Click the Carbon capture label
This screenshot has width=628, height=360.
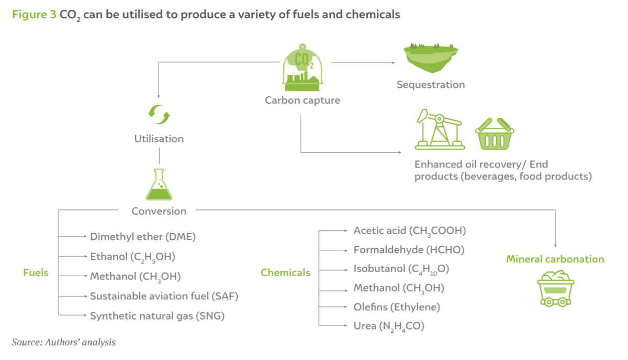tap(302, 100)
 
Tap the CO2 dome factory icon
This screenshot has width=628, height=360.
tap(302, 67)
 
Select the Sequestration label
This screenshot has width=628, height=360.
tap(431, 85)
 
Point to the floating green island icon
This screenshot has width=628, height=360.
tap(431, 58)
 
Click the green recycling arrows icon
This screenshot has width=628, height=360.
tap(159, 115)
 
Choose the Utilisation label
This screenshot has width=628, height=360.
tap(159, 139)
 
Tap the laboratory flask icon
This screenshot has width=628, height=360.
tap(159, 185)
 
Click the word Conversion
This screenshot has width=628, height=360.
tap(159, 211)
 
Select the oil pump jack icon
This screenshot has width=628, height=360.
tap(440, 129)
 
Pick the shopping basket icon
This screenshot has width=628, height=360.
tap(495, 134)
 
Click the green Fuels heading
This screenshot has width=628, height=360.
tap(36, 273)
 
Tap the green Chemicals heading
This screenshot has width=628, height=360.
tap(285, 273)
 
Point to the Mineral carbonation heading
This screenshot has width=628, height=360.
tap(555, 259)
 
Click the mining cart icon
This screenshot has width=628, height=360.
tap(556, 288)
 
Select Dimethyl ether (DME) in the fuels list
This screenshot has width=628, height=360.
tap(143, 237)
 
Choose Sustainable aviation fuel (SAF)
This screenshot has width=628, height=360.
tap(164, 296)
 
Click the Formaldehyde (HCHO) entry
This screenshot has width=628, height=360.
tap(409, 250)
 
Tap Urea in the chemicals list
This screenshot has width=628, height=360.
tap(365, 326)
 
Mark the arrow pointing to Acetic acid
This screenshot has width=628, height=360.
tap(333, 231)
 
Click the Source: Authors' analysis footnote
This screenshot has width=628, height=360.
tap(64, 342)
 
